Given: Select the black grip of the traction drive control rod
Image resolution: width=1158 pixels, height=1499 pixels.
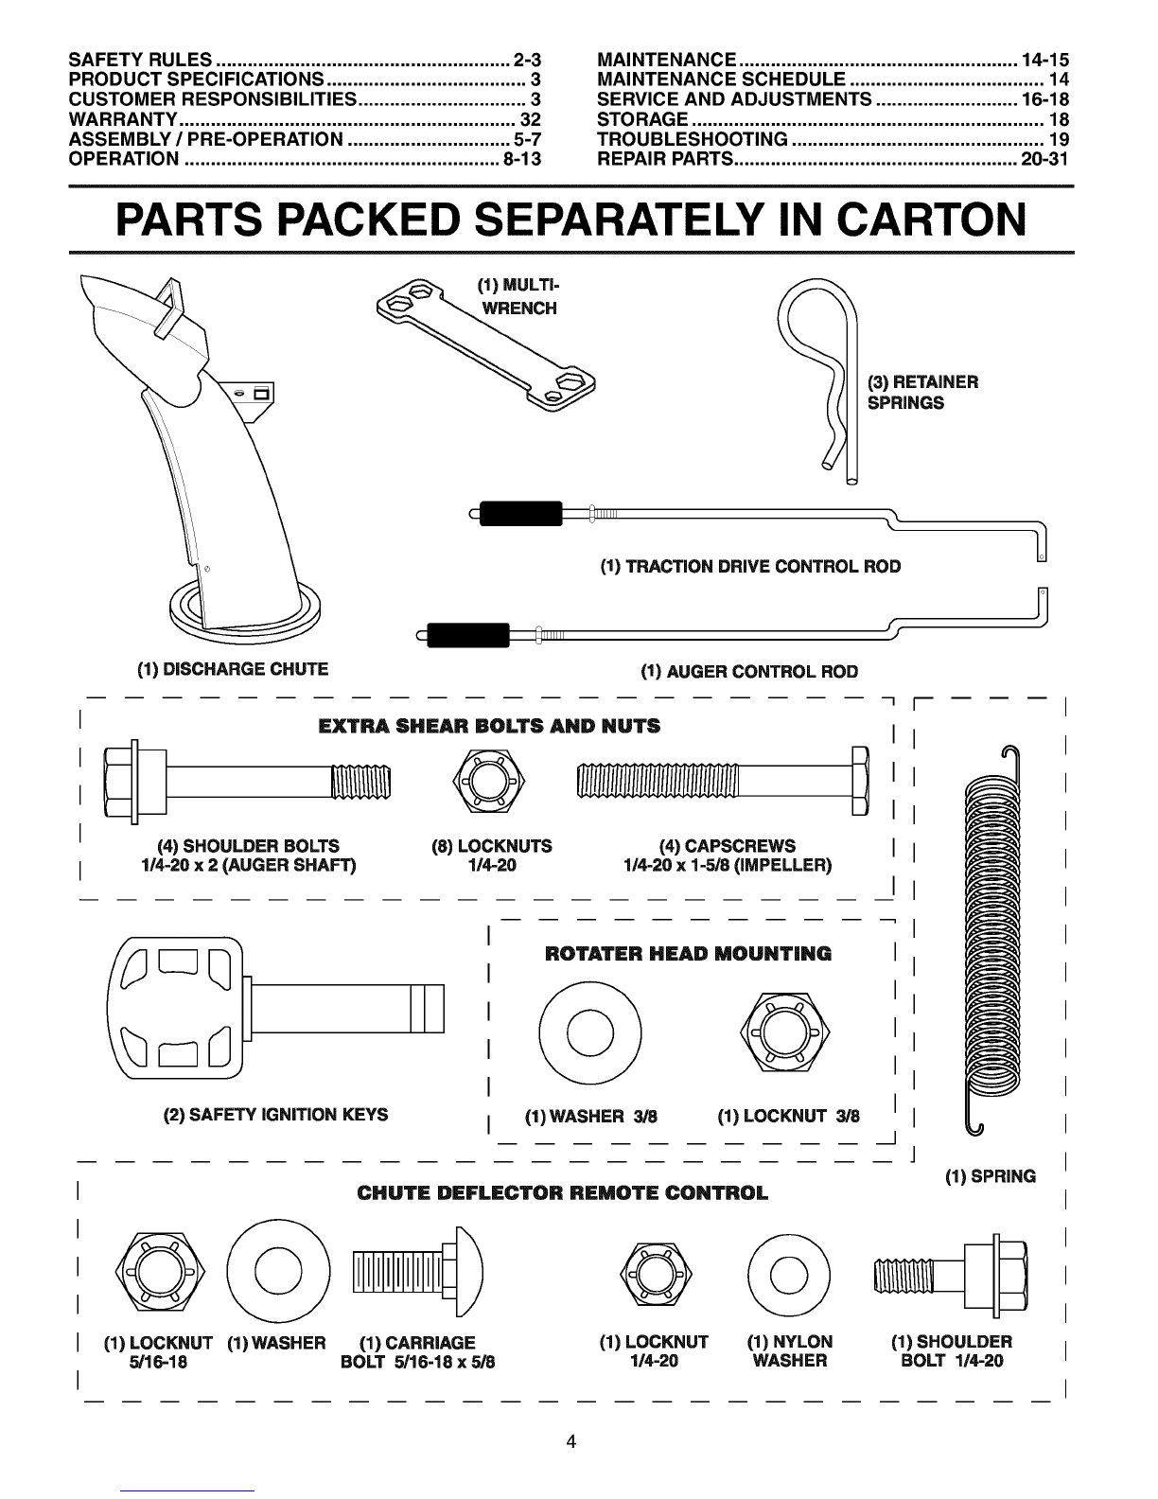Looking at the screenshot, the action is coord(520,514).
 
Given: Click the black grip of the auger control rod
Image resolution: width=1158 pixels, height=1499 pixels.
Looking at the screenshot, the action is coord(468,635).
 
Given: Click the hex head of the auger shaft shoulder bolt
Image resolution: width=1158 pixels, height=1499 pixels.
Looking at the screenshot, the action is coord(121,783).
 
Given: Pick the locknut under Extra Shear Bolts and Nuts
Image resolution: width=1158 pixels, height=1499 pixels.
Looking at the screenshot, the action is coord(488,782).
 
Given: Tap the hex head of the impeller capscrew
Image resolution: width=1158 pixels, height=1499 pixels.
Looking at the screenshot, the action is coord(861,781).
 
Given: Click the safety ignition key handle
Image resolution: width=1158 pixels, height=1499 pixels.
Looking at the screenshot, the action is coord(175,1008).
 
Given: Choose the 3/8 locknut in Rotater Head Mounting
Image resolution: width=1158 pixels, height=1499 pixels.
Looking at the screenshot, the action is coord(785,1032).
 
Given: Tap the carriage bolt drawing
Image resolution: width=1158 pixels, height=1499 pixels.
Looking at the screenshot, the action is coord(418,1272).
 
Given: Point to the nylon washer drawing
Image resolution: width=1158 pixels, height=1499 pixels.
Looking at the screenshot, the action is coord(789,1274).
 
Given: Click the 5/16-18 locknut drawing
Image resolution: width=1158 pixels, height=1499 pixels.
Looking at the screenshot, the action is coord(160,1271).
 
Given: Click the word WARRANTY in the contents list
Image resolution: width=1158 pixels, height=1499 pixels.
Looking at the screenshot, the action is coord(123,119).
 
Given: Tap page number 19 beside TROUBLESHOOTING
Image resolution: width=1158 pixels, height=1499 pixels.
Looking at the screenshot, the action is coord(1059,139).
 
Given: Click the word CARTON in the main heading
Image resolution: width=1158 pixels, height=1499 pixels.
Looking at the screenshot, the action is coord(932,220).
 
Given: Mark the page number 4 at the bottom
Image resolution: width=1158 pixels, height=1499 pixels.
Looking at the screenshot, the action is coord(571,1441).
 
